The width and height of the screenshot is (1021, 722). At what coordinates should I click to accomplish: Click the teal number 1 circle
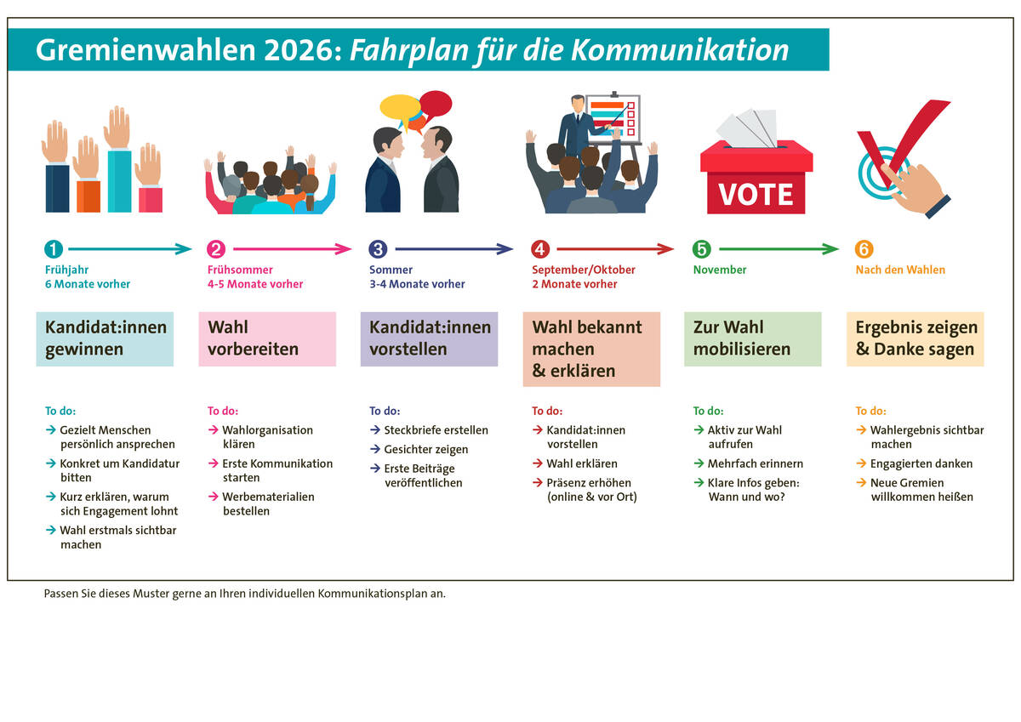[54, 249]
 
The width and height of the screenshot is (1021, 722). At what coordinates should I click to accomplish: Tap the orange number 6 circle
[864, 249]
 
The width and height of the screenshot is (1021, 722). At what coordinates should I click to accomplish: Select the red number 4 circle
[540, 249]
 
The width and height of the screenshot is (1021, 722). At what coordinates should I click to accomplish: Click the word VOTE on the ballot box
[756, 195]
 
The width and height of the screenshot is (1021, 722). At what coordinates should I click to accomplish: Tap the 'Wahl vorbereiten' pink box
[267, 339]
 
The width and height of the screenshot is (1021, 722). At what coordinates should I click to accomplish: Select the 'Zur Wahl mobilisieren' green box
[752, 339]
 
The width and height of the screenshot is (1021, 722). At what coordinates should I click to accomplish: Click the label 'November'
[720, 270]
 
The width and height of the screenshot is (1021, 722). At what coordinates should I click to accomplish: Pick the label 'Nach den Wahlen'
[900, 270]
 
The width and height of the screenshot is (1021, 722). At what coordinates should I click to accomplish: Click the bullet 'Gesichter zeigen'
[425, 450]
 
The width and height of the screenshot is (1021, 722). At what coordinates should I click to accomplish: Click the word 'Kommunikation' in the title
[680, 49]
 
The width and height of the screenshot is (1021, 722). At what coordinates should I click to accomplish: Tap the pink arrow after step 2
[293, 249]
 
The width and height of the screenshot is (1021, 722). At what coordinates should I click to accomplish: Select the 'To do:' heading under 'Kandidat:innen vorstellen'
[385, 411]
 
